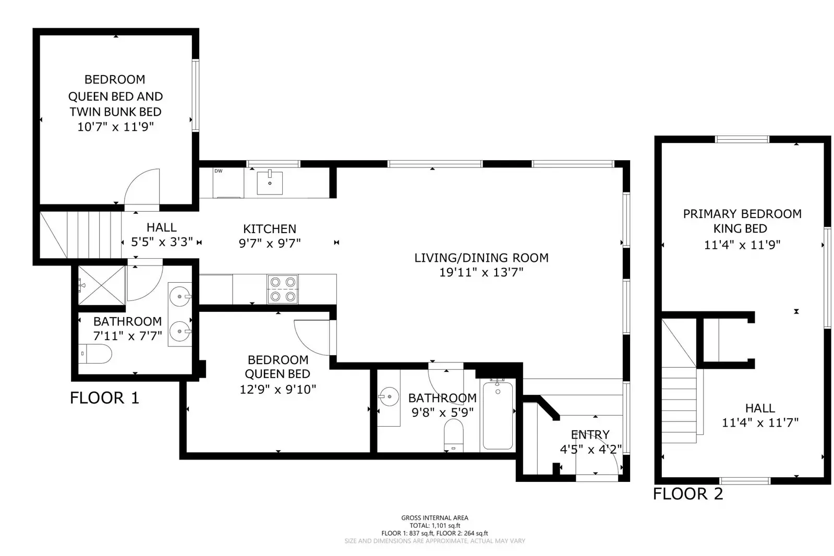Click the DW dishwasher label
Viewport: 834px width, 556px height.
tap(218, 171)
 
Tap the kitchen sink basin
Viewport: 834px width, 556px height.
tap(270, 183)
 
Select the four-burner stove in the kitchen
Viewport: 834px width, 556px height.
tap(283, 289)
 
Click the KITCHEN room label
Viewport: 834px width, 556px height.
tap(270, 228)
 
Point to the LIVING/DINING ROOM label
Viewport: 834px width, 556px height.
tap(481, 258)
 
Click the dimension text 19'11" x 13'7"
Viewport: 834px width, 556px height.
tap(481, 273)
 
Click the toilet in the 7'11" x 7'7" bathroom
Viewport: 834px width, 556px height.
tap(95, 354)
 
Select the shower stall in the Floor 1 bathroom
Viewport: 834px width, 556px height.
tap(102, 285)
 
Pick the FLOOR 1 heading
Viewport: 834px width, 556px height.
tap(105, 398)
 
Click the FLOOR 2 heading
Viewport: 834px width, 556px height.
tap(688, 494)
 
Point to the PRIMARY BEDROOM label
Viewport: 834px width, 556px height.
tap(742, 214)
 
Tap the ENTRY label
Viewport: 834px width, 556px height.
tap(590, 434)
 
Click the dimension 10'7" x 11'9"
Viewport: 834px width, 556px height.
tap(115, 127)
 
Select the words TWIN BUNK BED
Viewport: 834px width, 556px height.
tap(115, 112)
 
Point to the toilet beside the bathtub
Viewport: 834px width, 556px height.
tap(453, 436)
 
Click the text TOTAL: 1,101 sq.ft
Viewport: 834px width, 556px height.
tap(435, 525)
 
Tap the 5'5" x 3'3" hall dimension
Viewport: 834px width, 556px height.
tap(162, 242)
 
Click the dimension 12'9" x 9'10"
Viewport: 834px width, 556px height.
tap(278, 390)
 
